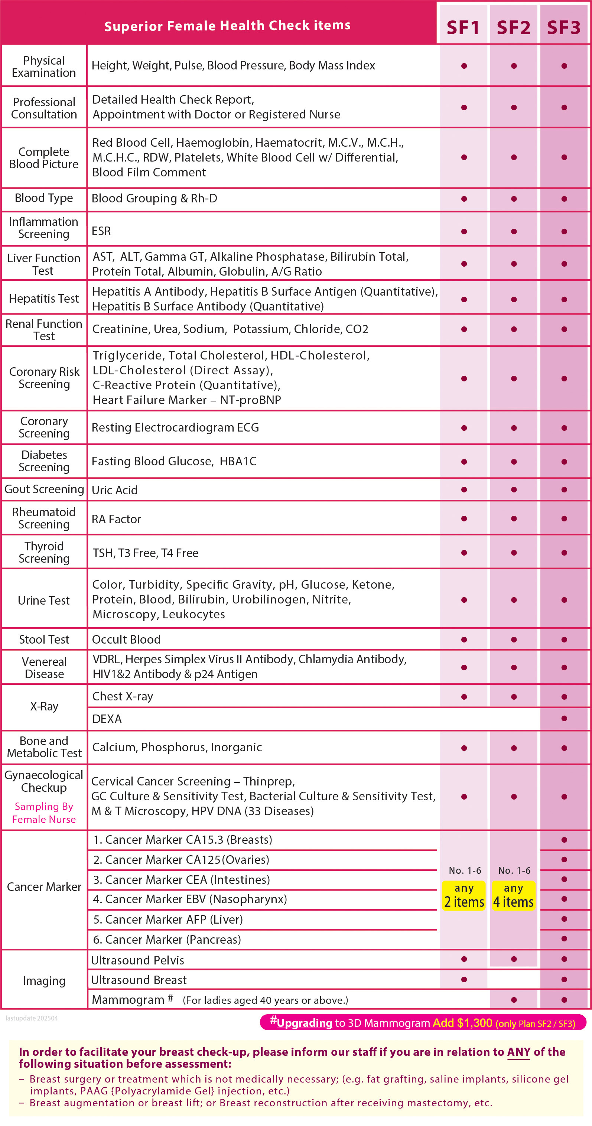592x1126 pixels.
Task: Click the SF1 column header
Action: (x=463, y=27)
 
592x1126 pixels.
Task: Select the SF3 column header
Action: (x=563, y=27)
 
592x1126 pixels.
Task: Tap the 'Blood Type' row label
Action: (x=44, y=198)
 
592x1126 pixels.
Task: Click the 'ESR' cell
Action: (x=101, y=231)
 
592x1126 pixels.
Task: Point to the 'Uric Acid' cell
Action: (x=114, y=490)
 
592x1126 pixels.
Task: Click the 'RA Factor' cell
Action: (x=116, y=519)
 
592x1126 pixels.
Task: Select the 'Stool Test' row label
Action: (x=44, y=639)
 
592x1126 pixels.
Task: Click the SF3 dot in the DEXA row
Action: (x=564, y=718)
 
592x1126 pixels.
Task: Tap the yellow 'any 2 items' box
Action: (x=464, y=895)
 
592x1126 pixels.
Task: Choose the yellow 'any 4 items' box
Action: (x=513, y=895)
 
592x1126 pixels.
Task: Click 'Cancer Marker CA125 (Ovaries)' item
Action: (x=181, y=859)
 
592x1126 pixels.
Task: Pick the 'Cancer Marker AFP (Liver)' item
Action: (x=168, y=919)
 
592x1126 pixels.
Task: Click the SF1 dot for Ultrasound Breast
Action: (x=464, y=979)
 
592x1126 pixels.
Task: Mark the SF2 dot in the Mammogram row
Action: (x=514, y=1000)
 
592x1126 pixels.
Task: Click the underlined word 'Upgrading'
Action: (x=304, y=1023)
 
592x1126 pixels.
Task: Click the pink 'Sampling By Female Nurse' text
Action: (x=44, y=813)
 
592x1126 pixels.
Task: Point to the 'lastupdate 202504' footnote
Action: (x=32, y=1018)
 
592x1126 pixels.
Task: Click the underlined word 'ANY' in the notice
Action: (x=518, y=1052)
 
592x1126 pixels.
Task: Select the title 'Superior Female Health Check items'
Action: (x=227, y=25)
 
